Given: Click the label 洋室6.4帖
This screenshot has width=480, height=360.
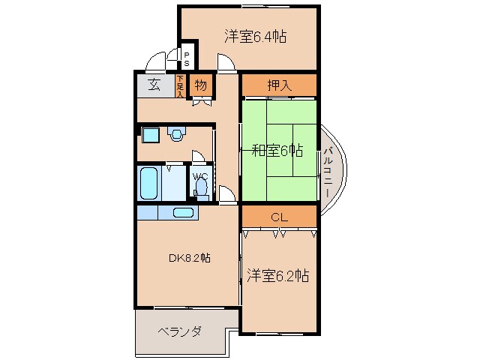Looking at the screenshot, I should point(256,36).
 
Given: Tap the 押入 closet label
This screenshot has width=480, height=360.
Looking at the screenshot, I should point(278,85).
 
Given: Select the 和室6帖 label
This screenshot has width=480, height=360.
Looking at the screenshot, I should point(277,151).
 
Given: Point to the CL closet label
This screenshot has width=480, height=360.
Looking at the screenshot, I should point(279,217).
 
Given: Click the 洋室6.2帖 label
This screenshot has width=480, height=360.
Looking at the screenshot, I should point(277,276).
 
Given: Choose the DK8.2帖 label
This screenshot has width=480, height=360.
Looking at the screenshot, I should point(187,258).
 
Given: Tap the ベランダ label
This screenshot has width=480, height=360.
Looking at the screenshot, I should point(179,331).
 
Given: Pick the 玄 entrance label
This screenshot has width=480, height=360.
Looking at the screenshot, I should point(154,85).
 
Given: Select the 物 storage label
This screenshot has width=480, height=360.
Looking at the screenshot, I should point(201,85).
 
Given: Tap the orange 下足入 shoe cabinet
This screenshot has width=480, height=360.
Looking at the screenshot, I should point(180,85).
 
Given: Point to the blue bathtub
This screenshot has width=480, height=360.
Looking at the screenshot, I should point(150,181).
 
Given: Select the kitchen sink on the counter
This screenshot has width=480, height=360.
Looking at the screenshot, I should point(184,211).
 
